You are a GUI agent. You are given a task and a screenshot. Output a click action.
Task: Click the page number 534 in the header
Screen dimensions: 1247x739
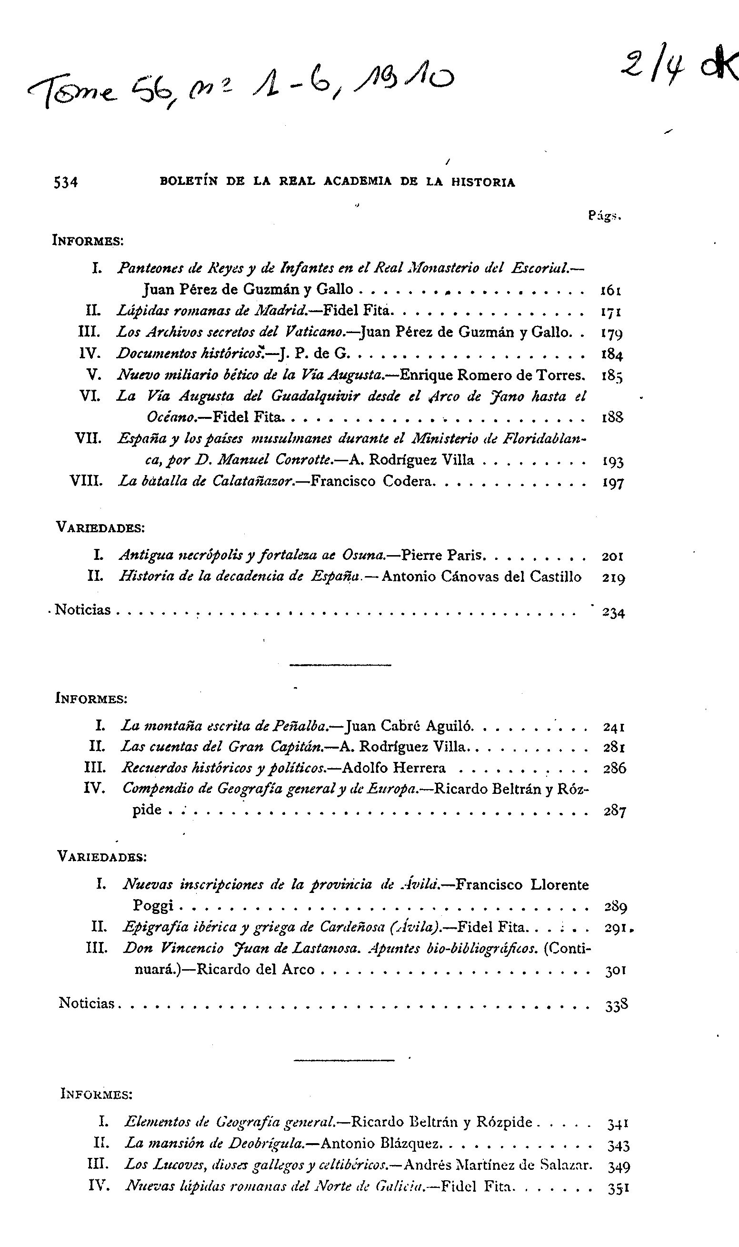(66, 183)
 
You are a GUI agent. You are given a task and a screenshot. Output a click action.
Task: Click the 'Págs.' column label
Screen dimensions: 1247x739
(605, 216)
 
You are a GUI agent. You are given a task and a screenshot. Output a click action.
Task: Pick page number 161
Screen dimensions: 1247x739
(611, 290)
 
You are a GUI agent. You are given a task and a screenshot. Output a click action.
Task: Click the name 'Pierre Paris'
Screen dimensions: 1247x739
(442, 555)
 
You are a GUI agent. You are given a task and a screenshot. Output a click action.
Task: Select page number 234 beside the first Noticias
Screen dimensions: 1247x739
(613, 612)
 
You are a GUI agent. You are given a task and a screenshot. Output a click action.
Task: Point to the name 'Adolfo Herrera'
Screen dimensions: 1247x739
(394, 768)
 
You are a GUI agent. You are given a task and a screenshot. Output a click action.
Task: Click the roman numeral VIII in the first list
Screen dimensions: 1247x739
(86, 481)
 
